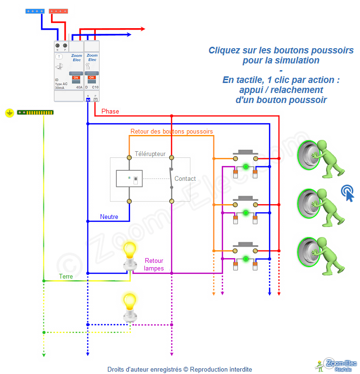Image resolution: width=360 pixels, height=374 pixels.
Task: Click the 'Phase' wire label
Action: coord(110,111)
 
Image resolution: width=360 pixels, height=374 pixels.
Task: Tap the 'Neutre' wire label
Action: coord(109,217)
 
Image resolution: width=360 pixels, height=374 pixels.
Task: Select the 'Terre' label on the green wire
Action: coord(66,276)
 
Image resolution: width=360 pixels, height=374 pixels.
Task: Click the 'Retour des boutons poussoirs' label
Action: coord(172,131)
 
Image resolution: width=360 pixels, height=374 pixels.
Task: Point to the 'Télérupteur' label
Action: coord(150,154)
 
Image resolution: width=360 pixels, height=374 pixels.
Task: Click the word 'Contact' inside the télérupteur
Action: coord(185,179)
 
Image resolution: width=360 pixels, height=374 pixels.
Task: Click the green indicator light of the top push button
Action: coord(246,166)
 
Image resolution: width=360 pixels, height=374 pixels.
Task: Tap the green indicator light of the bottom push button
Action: coord(246,259)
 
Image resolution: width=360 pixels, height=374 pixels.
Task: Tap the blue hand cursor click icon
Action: coord(348,193)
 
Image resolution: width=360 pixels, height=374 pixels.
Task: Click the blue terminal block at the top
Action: coord(35,10)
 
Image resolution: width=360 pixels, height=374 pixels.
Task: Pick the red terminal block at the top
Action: coord(58,10)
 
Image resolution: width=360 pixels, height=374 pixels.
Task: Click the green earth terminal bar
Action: coord(35,113)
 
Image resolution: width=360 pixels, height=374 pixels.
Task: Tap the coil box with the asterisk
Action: coord(129,179)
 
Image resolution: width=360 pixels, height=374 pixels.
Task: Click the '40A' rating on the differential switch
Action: coord(79,88)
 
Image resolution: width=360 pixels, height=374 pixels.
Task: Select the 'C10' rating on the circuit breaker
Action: coord(95,88)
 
